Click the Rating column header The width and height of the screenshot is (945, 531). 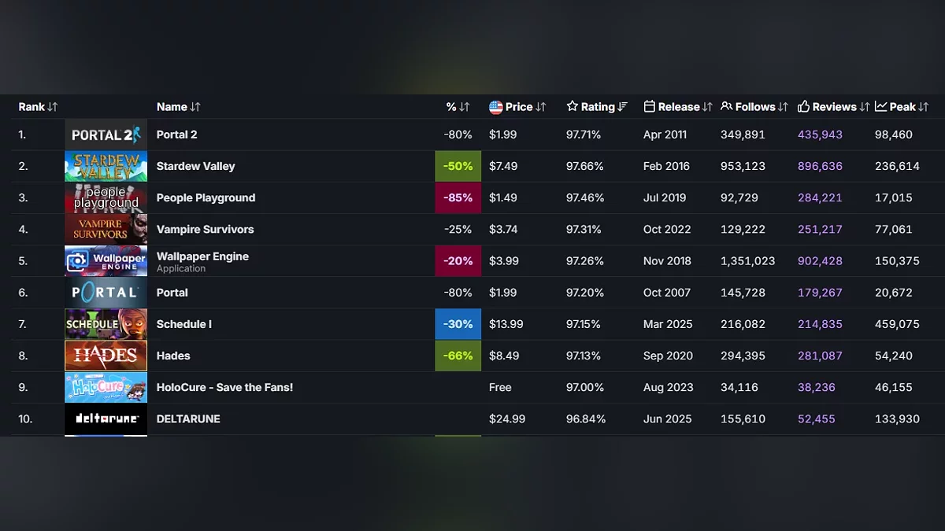(597, 107)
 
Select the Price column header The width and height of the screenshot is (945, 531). (519, 107)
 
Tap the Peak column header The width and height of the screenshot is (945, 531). (902, 107)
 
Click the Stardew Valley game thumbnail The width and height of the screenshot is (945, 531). (106, 166)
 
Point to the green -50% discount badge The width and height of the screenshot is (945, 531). (458, 166)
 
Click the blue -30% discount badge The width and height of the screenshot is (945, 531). (458, 324)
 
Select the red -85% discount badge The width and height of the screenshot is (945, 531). (458, 197)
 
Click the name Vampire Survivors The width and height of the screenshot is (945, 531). (205, 230)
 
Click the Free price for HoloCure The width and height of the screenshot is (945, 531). (500, 387)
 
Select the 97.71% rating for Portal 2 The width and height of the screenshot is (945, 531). (583, 135)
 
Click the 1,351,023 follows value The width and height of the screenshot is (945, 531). (747, 261)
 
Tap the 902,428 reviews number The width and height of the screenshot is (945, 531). (820, 261)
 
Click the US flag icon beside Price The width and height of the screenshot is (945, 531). (495, 107)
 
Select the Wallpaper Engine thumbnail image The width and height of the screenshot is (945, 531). (106, 261)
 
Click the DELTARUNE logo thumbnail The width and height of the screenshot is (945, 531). (106, 419)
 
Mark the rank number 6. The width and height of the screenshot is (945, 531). (23, 293)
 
